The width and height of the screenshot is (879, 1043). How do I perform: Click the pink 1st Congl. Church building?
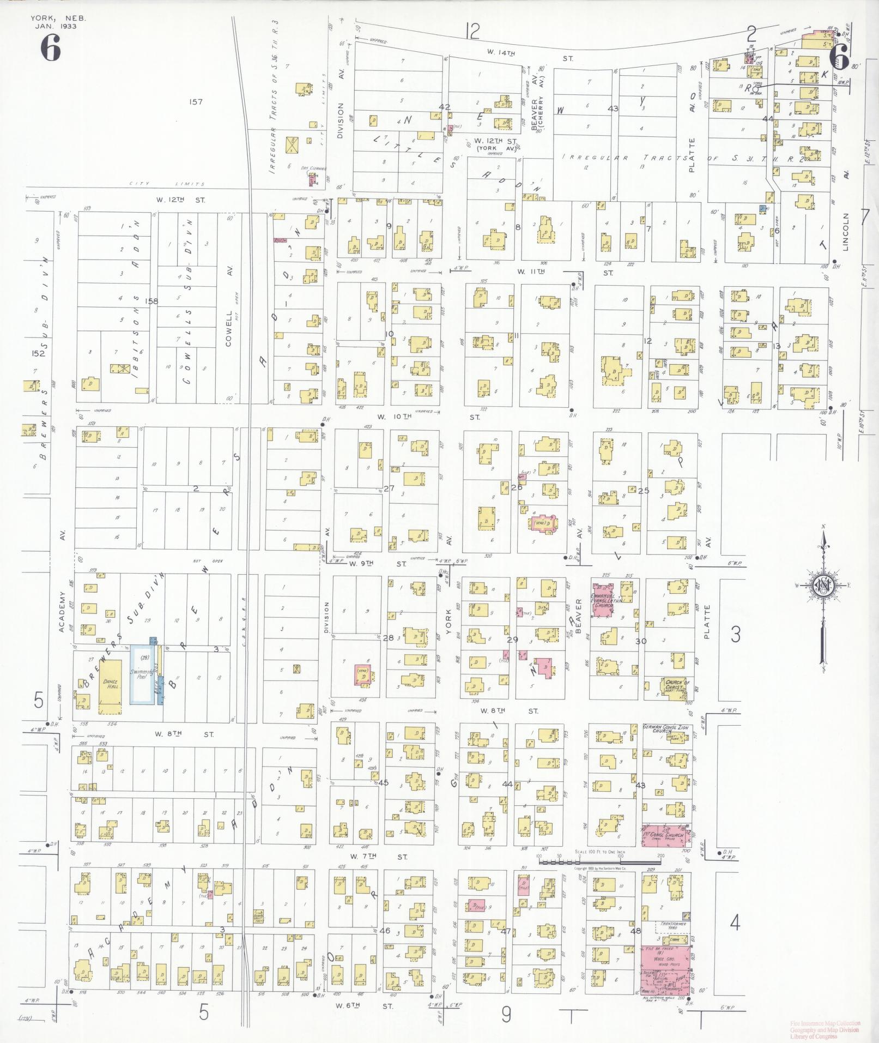click(x=666, y=835)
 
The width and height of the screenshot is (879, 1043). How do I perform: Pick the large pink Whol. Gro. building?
click(x=664, y=962)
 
